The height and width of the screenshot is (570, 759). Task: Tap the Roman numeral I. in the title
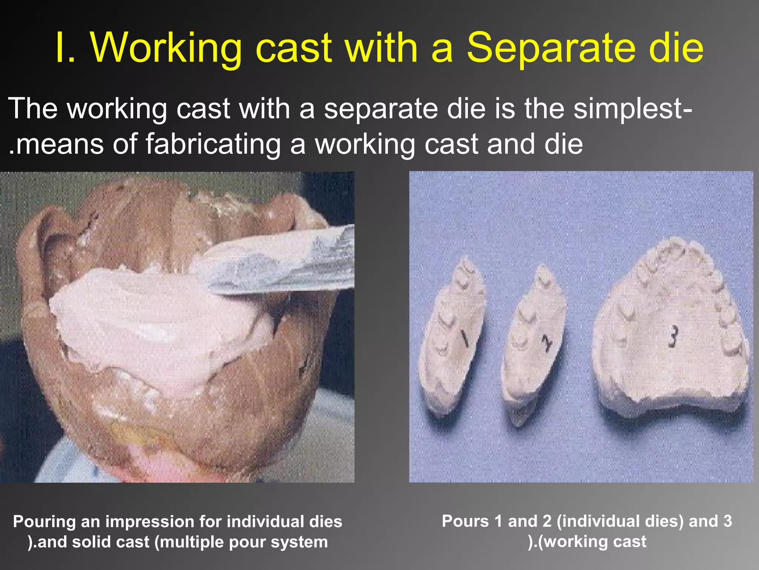click(66, 48)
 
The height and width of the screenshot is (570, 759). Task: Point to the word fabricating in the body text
click(213, 144)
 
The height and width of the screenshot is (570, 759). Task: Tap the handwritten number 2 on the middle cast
click(546, 343)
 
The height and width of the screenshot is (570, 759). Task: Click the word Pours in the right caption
click(465, 521)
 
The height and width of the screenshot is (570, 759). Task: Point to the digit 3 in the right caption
click(727, 521)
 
